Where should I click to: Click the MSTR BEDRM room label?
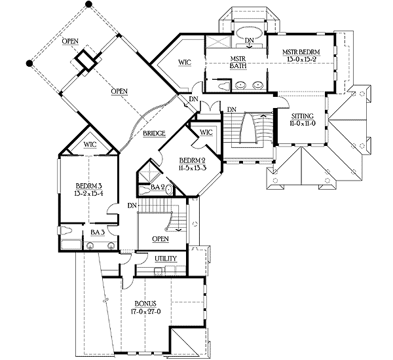301,52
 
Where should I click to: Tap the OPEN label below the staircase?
160,239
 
